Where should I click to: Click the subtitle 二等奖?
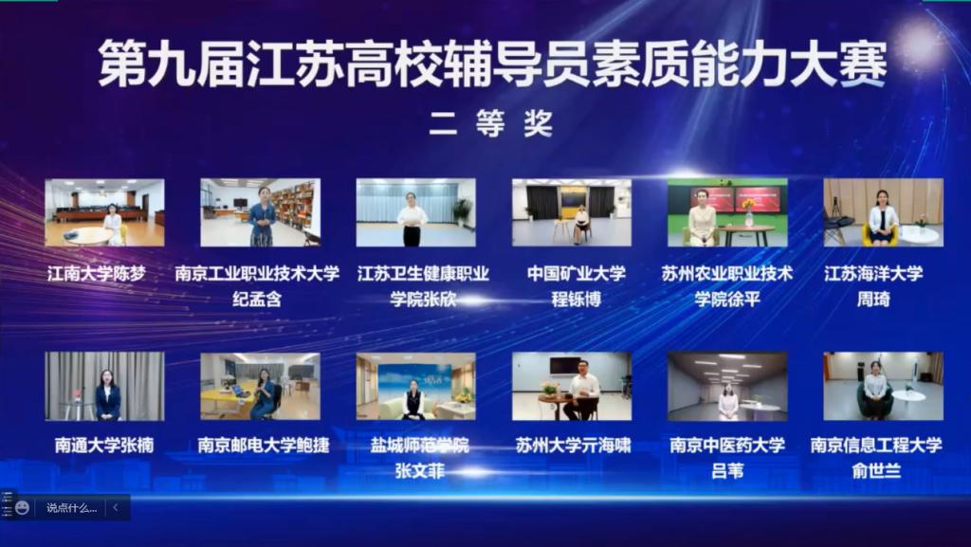pos(491,124)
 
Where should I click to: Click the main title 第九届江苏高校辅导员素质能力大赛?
pos(493,64)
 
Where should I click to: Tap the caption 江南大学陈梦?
pos(97,273)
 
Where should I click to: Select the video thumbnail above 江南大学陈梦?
pos(104,212)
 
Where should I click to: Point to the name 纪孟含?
pos(257,299)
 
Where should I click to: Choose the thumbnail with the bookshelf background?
pos(260,212)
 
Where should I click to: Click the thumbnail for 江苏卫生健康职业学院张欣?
pos(415,212)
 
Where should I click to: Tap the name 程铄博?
pos(577,299)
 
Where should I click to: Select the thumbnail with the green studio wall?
pos(727,212)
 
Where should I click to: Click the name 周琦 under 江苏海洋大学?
pos(873,299)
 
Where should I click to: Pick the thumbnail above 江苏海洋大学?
pos(883,212)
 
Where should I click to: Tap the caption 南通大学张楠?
pos(104,445)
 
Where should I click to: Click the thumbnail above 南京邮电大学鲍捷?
pos(260,386)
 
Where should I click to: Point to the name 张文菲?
pos(420,471)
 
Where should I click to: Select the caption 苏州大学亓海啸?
pos(573,445)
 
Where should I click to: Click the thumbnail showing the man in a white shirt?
pos(572,386)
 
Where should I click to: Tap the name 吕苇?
pos(727,471)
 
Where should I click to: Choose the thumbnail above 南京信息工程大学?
pos(883,386)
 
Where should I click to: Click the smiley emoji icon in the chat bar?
pos(23,508)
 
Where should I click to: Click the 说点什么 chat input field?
pos(72,508)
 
